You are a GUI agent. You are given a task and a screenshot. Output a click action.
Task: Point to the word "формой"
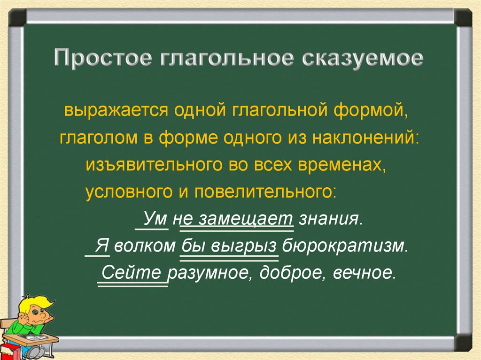tap(369, 111)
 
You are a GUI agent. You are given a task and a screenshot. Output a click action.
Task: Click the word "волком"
tap(144, 245)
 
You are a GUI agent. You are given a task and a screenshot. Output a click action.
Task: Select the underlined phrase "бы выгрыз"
tap(229, 245)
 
